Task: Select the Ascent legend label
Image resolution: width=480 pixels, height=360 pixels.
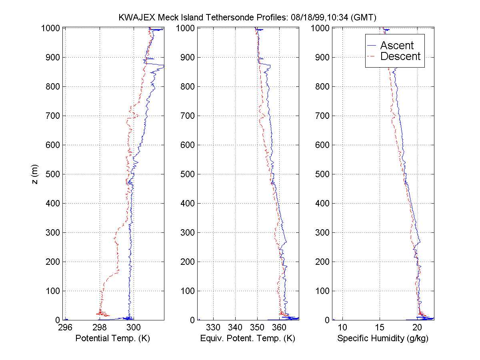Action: click(397, 46)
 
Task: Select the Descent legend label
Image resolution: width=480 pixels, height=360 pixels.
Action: click(400, 56)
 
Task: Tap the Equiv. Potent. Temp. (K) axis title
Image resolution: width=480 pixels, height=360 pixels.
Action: click(247, 338)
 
